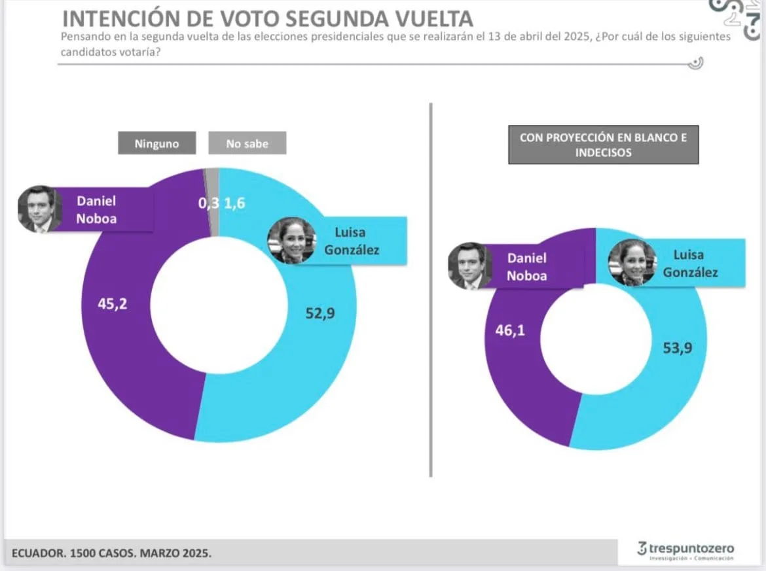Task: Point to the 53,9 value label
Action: pyautogui.click(x=677, y=347)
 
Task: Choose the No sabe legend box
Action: pyautogui.click(x=247, y=143)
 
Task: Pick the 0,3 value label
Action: pyautogui.click(x=208, y=203)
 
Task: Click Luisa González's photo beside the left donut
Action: pyautogui.click(x=291, y=240)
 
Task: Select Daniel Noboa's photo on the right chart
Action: pyautogui.click(x=469, y=266)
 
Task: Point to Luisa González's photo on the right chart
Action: pyautogui.click(x=632, y=262)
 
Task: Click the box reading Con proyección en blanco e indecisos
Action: pyautogui.click(x=603, y=145)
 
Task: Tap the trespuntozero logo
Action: pyautogui.click(x=685, y=549)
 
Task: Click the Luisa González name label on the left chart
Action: pyautogui.click(x=357, y=241)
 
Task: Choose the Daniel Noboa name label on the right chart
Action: pyautogui.click(x=526, y=266)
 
